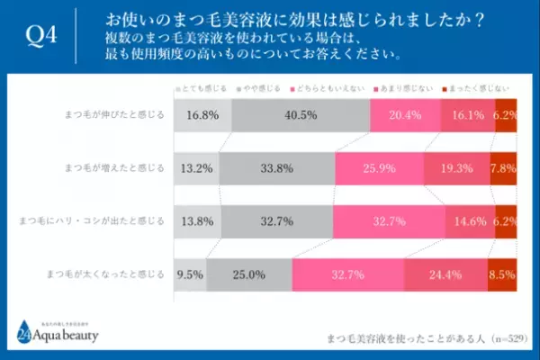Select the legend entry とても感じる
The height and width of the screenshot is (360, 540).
point(201,87)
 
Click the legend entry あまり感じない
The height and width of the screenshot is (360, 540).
point(409,87)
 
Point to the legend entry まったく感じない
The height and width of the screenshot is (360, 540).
point(482,87)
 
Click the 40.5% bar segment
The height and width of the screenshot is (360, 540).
point(301,115)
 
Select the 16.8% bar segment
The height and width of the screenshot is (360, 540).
point(202,115)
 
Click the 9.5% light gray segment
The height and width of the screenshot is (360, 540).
point(190,272)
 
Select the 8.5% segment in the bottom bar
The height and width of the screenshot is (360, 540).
point(502,272)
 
